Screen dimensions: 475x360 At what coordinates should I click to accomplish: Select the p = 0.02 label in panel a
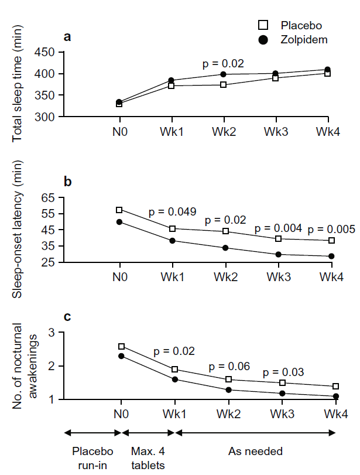pyautogui.click(x=223, y=63)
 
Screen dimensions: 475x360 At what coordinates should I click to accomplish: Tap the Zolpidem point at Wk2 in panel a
pyautogui.click(x=223, y=74)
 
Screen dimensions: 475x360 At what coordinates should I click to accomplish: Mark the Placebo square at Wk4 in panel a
pyautogui.click(x=327, y=74)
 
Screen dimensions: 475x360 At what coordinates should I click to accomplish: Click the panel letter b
pyautogui.click(x=68, y=182)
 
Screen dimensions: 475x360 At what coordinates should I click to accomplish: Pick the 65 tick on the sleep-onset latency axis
pyautogui.click(x=49, y=197)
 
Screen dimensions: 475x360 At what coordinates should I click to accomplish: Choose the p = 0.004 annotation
pyautogui.click(x=278, y=228)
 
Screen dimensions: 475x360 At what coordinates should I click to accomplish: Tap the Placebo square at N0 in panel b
pyautogui.click(x=119, y=210)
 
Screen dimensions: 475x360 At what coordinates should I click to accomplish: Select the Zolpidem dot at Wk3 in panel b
pyautogui.click(x=279, y=254)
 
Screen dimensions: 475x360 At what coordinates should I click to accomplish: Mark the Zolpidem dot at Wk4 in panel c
pyautogui.click(x=336, y=397)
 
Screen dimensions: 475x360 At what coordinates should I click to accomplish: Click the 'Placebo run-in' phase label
pyautogui.click(x=92, y=457)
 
